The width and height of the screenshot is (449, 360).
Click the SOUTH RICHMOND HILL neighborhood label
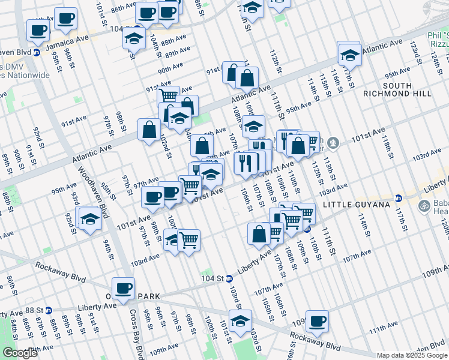coord(397,89)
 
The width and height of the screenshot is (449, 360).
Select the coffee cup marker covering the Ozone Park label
coord(123,289)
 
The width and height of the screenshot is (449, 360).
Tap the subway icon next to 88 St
coord(48,310)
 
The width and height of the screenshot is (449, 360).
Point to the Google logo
coord(20,353)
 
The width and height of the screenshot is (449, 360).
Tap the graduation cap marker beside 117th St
coord(349,55)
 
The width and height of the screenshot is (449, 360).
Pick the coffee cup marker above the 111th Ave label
coord(317,322)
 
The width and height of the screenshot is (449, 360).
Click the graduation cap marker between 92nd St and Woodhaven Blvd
coord(90,219)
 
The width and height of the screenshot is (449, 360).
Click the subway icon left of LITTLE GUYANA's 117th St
coord(397,198)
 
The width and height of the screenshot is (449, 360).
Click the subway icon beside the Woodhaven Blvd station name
coord(37,52)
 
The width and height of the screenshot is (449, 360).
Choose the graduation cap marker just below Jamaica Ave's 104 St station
coord(134,40)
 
